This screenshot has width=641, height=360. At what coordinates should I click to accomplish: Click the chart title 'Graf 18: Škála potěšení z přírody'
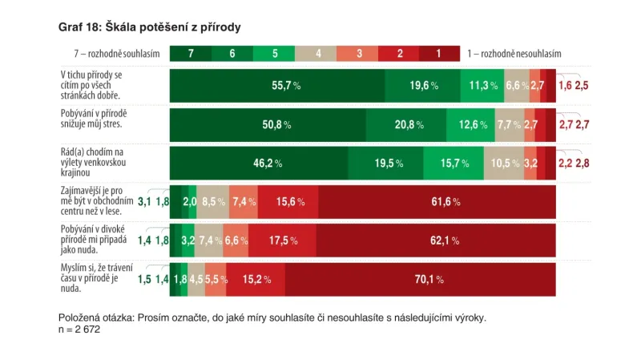coord(150,27)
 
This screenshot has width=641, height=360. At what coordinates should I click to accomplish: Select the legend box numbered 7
coord(191,54)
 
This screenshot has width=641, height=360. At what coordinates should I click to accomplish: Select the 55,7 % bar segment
coord(277,85)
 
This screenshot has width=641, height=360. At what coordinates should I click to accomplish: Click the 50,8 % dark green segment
coord(268,124)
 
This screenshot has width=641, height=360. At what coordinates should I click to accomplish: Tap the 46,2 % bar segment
coord(259,163)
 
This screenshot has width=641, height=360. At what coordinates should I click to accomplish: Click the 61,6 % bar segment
coord(437,201)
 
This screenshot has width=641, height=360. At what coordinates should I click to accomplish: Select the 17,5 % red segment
coord(276,241)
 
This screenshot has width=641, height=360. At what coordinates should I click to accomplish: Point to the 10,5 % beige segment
coord(503,163)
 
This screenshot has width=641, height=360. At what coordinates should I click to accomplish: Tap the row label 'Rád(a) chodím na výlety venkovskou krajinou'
coord(92,163)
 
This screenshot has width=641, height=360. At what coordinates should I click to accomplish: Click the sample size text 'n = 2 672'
coord(79,330)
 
